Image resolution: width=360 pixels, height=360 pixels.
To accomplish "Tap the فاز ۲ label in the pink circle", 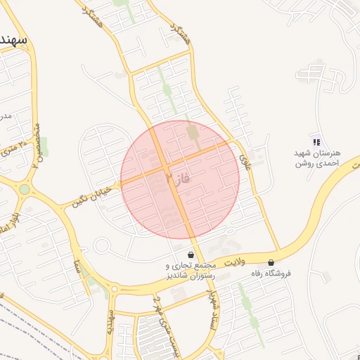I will (x=174, y=179).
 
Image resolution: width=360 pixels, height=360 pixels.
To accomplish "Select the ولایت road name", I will (x=234, y=262).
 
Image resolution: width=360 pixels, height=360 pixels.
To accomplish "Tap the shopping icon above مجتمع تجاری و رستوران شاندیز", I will (x=191, y=255).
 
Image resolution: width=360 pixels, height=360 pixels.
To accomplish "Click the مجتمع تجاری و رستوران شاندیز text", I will (x=186, y=271).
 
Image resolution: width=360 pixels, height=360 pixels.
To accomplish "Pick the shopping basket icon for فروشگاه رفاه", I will (x=271, y=262).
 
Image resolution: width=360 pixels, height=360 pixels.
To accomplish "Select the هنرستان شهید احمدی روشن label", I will (x=317, y=157).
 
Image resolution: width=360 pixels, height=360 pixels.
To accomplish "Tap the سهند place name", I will (x=14, y=39).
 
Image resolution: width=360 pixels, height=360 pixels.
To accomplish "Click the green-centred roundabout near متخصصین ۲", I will (x=25, y=188).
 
